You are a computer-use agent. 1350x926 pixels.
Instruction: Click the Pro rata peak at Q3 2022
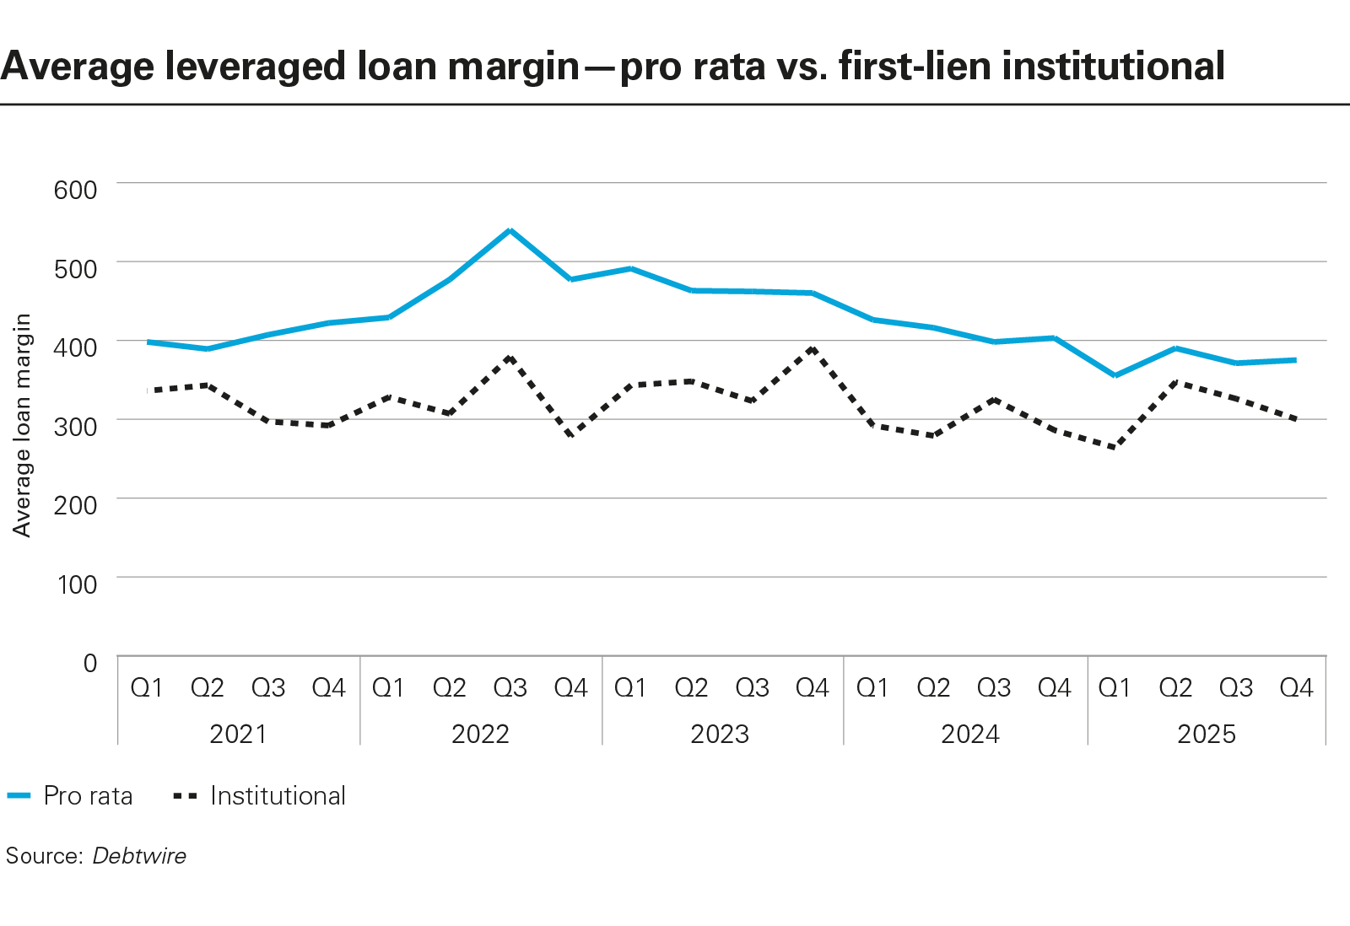coord(510,230)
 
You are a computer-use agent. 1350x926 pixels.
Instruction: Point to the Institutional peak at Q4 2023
coord(812,347)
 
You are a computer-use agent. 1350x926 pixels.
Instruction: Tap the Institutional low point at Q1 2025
coord(1115,447)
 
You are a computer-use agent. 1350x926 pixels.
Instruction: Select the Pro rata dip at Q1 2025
coord(1115,375)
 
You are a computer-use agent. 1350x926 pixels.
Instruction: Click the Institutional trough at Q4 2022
coord(571,435)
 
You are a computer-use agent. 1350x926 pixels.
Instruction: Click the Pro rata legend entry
coord(71,796)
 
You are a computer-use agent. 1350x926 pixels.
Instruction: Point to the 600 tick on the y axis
coord(76,190)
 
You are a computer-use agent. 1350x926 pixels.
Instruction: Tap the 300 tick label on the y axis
coord(76,426)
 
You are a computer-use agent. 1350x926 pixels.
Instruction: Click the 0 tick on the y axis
coord(89,663)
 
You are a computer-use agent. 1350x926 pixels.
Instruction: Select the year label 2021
coord(238,734)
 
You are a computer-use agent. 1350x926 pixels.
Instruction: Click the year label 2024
coord(969,734)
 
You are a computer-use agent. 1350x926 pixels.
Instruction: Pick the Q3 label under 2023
coord(752,688)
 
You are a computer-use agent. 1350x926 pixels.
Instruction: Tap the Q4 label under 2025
coord(1296,688)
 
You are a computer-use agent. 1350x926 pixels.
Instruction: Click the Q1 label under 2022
coord(388,688)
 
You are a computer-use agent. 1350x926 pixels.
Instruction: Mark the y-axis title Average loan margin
coord(22,425)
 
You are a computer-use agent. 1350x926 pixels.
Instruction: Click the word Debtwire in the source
coord(139,856)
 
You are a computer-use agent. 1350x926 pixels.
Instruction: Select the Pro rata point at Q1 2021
coord(148,342)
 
